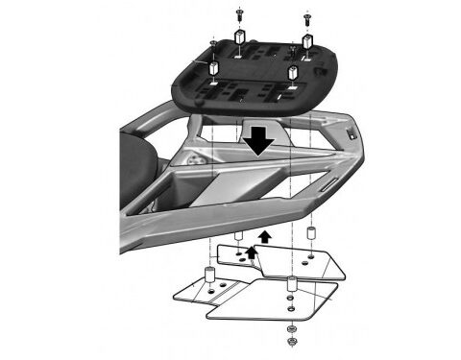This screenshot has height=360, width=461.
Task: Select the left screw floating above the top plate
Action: tap(238, 16)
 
